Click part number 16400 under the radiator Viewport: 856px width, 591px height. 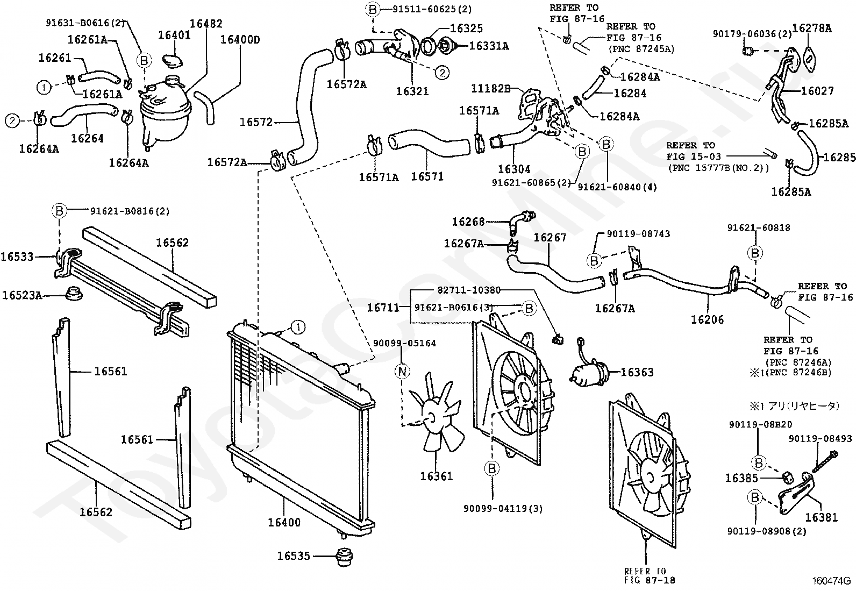point(284,522)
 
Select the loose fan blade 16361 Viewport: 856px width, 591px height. point(436,414)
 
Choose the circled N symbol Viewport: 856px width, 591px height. point(402,371)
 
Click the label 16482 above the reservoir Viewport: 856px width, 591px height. point(206,24)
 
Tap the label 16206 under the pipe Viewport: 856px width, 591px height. point(707,319)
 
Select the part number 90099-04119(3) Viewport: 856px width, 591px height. point(503,508)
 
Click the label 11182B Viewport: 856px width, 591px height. point(491,89)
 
